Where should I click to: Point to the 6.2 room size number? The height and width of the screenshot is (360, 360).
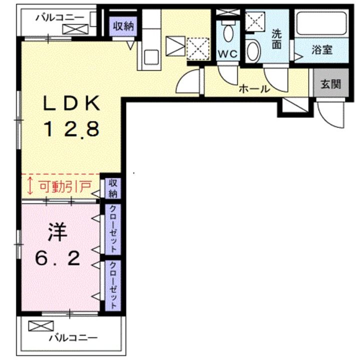pos(57,258)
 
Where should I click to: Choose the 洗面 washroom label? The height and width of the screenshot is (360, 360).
pos(277,38)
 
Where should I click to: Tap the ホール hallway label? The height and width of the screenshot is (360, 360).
pos(254,89)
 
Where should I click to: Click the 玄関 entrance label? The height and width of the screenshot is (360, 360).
pos(330,83)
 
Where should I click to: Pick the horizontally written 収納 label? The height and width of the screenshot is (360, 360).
pos(122,26)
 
